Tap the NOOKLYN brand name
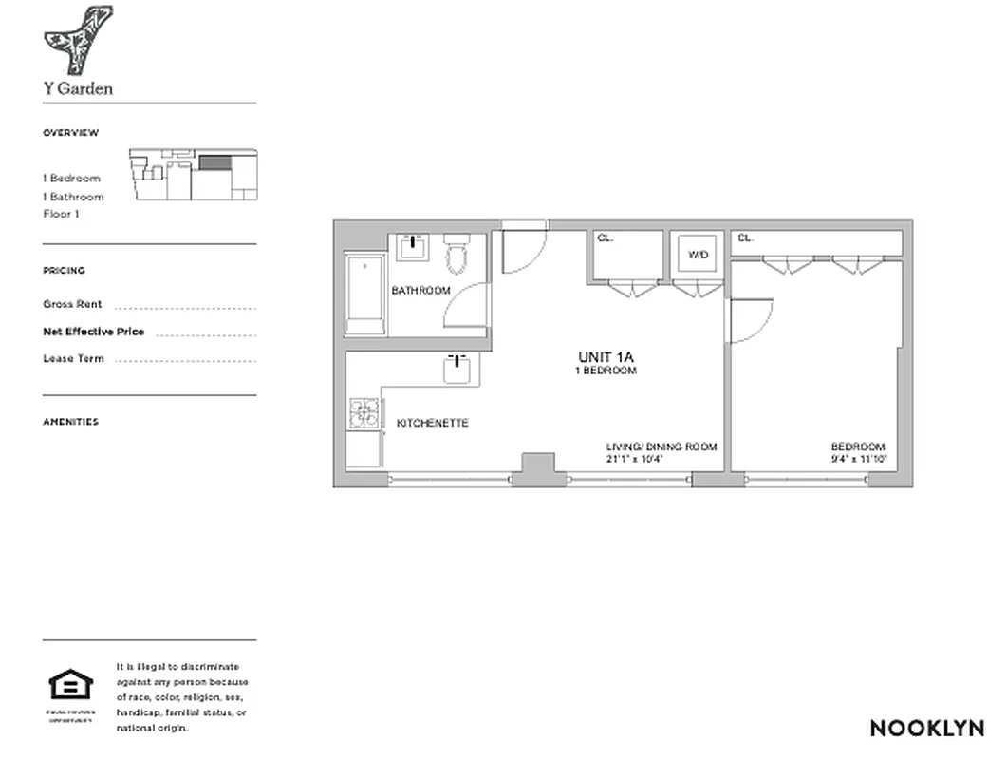pyautogui.click(x=927, y=729)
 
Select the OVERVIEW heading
pyautogui.click(x=70, y=133)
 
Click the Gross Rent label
pyautogui.click(x=72, y=305)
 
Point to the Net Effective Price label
pyautogui.click(x=93, y=332)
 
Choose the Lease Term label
pyautogui.click(x=73, y=359)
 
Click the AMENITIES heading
pyautogui.click(x=70, y=422)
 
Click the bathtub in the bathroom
pyautogui.click(x=364, y=294)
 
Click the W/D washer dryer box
pyautogui.click(x=698, y=255)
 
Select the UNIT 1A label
pyautogui.click(x=605, y=357)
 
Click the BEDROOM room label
pyautogui.click(x=857, y=447)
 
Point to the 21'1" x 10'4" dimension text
pyautogui.click(x=633, y=459)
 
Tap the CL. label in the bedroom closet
pyautogui.click(x=745, y=238)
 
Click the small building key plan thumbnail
pyautogui.click(x=193, y=174)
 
